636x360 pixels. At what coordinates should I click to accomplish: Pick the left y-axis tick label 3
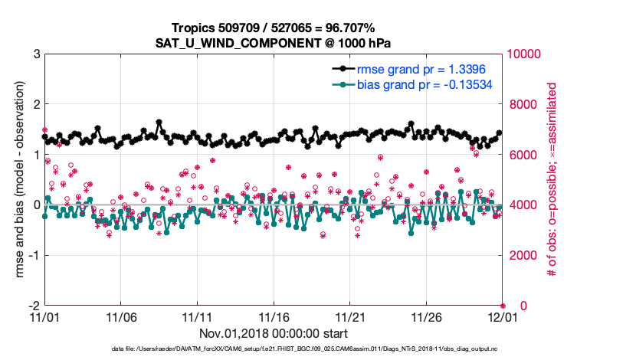(x=36, y=54)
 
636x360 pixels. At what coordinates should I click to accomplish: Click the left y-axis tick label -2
(x=34, y=306)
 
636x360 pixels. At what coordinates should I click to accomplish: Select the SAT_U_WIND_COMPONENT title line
(x=274, y=43)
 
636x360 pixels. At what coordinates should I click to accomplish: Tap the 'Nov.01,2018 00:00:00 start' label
(x=274, y=333)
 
